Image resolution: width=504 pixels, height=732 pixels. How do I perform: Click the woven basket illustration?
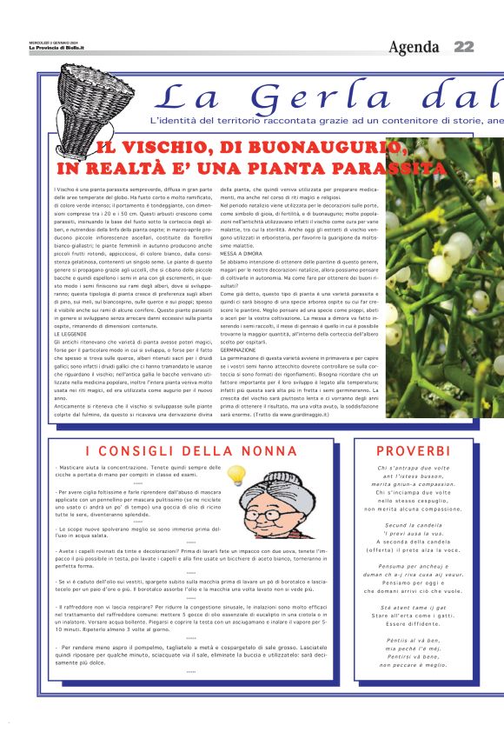86,95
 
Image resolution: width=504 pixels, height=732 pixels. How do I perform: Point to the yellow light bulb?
235,475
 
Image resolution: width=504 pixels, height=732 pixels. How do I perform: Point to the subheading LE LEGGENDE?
69,334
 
